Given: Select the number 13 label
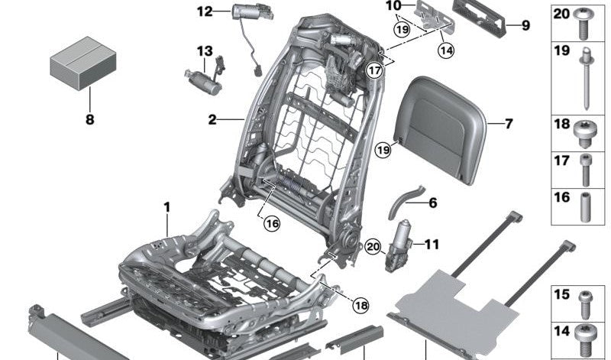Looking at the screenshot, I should pos(205,51).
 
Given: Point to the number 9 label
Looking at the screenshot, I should pos(525,25).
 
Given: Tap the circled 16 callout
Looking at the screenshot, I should pos(271,223).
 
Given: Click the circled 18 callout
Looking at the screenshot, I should pos(360,306).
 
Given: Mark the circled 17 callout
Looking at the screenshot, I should pos(374,70).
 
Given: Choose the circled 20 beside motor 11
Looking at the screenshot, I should pos(373,246).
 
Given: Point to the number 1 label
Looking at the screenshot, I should pos(167,207).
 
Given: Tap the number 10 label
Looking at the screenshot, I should pos(393,6).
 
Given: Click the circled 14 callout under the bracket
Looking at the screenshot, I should pos(445,50).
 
